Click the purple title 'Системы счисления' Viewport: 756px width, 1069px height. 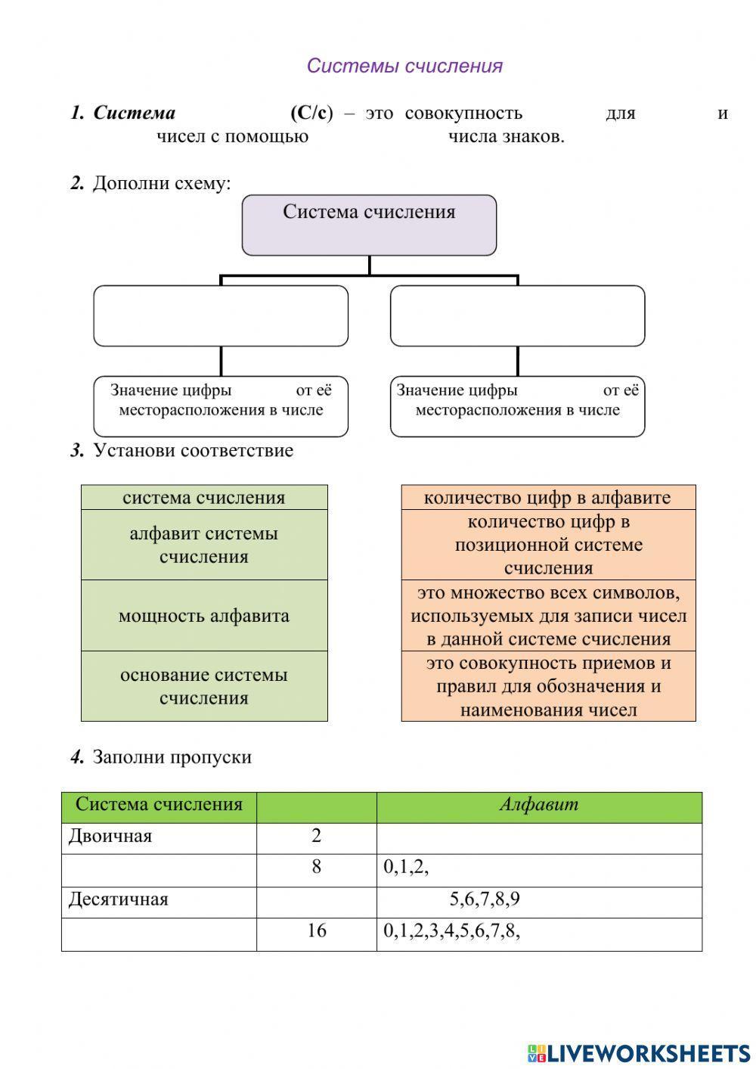click(x=404, y=66)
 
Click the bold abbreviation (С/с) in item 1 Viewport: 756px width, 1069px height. click(x=311, y=113)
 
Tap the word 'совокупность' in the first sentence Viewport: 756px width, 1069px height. click(x=463, y=113)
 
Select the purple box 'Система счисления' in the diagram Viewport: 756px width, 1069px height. click(x=369, y=225)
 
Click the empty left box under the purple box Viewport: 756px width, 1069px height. click(x=221, y=315)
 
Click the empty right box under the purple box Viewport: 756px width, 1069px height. click(x=517, y=315)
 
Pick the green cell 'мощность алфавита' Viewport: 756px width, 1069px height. click(x=204, y=615)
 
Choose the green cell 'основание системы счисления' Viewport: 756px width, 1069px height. click(x=204, y=686)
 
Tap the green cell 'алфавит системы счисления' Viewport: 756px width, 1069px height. click(x=204, y=545)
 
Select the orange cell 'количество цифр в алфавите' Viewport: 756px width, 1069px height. click(x=547, y=497)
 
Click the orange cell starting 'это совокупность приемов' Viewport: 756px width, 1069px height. click(x=548, y=686)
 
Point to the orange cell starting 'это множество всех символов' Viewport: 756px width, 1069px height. click(x=548, y=615)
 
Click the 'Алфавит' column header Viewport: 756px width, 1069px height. click(x=538, y=804)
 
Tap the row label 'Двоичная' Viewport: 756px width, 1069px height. click(x=110, y=836)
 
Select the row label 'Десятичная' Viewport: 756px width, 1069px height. click(x=119, y=900)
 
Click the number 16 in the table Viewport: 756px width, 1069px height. click(x=317, y=931)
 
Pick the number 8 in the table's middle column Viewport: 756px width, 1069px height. click(x=317, y=867)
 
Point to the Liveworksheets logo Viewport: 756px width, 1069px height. click(x=638, y=1052)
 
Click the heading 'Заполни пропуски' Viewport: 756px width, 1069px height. click(x=172, y=757)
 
